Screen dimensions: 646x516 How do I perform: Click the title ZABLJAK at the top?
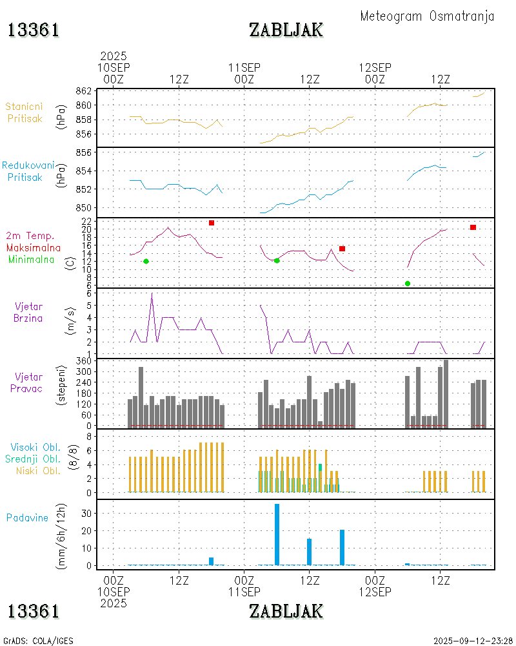[x=286, y=30]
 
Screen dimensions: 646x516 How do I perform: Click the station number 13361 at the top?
[x=34, y=30]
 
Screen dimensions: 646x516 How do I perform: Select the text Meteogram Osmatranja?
[x=427, y=16]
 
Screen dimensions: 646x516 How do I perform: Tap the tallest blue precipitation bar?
[x=277, y=534]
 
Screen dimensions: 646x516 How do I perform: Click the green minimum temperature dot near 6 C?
[x=408, y=284]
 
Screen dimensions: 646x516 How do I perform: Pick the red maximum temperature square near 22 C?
[x=212, y=223]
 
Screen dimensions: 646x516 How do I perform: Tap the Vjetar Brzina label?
[x=28, y=311]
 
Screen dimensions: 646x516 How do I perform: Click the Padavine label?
[x=27, y=517]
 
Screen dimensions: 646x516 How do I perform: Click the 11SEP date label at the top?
[x=244, y=67]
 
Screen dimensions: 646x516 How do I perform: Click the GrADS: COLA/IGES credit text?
[x=39, y=641]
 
